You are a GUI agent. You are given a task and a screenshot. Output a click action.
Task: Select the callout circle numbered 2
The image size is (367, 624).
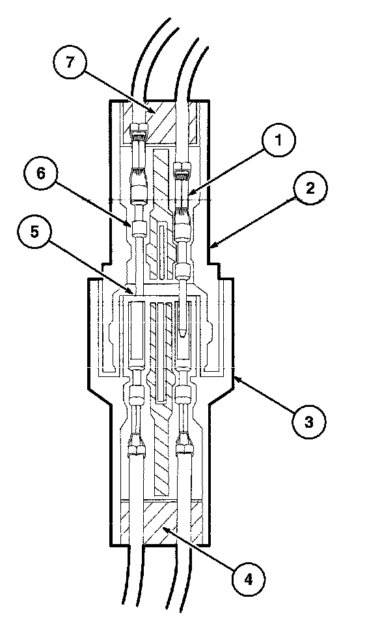tap(310, 188)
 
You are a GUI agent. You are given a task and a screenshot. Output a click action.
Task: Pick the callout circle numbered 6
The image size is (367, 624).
tap(40, 174)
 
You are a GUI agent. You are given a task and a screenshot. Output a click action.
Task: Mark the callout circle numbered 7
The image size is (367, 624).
tap(70, 63)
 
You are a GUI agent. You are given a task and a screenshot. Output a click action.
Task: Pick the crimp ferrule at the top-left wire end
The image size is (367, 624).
tap(139, 129)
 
